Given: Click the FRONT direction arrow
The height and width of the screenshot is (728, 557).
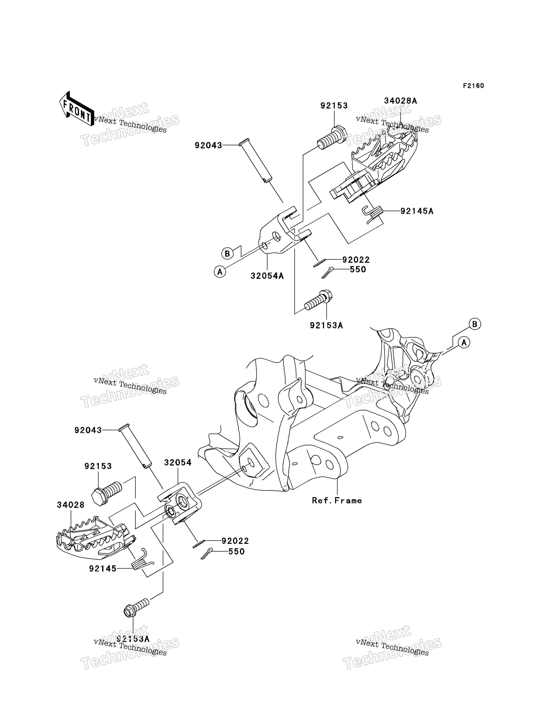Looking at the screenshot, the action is pos(76,109).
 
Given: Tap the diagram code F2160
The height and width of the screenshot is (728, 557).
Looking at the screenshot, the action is pos(473,86).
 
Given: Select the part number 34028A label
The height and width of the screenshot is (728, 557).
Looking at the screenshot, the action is pos(400,101).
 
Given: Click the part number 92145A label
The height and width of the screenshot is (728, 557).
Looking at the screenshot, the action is pos(417,211).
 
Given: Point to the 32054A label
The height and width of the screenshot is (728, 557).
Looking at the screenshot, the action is pos(267,276).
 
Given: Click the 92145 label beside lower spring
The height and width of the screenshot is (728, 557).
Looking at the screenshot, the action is pos(103,569).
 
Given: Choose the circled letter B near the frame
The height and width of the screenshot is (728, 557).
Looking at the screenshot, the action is pos(475,324).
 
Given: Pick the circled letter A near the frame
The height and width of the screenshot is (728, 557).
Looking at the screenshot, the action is pos(464,342).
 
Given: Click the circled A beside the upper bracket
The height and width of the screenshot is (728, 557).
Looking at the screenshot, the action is pos(220,272).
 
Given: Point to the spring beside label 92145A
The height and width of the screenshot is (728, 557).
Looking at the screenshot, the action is pos(373,214).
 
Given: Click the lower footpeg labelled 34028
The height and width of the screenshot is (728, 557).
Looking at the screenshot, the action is pos(96,538).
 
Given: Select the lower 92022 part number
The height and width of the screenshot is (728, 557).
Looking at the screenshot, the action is pos(235,541).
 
